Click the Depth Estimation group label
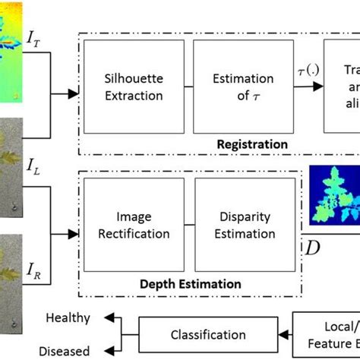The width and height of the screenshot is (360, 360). point(190,283)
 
